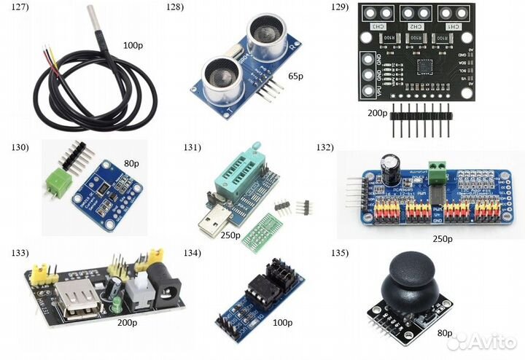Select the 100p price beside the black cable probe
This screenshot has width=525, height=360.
[x=133, y=45]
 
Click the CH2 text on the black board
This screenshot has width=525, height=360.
[x=415, y=27]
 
